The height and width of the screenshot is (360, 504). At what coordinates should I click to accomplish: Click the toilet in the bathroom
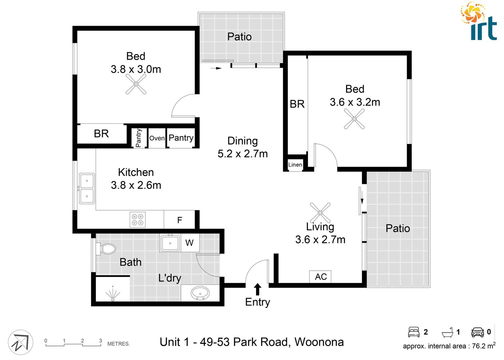[x=107, y=249]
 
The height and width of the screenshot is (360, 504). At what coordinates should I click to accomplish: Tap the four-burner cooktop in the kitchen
[x=138, y=220]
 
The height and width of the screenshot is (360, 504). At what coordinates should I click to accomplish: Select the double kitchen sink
[x=87, y=188]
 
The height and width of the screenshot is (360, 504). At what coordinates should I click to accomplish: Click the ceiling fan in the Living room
[x=320, y=212]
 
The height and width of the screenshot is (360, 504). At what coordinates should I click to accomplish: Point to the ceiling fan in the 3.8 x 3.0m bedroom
[x=136, y=84]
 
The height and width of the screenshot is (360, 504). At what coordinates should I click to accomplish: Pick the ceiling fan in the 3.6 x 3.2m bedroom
[x=354, y=119]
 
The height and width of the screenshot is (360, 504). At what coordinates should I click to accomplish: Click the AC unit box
[x=320, y=277]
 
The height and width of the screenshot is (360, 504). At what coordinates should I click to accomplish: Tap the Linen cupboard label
[x=295, y=165]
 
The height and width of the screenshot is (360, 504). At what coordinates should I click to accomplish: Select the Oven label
[x=157, y=138]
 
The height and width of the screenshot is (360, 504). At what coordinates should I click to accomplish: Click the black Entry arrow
[x=257, y=289]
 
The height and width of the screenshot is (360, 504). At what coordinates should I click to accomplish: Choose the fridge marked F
[x=179, y=220]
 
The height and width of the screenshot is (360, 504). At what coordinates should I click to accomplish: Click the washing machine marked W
[x=189, y=243]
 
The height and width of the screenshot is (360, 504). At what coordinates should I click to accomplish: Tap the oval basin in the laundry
[x=200, y=293]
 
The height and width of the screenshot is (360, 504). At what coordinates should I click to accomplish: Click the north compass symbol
[x=21, y=342]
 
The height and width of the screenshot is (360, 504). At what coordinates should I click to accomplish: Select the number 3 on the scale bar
[x=100, y=341]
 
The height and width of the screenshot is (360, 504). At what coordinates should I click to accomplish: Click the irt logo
[x=479, y=22]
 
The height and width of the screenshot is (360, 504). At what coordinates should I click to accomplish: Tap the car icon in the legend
[x=477, y=332]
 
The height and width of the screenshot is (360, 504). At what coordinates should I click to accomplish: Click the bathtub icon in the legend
[x=448, y=332]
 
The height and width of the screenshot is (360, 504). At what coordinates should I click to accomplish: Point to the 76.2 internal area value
[x=478, y=346]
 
